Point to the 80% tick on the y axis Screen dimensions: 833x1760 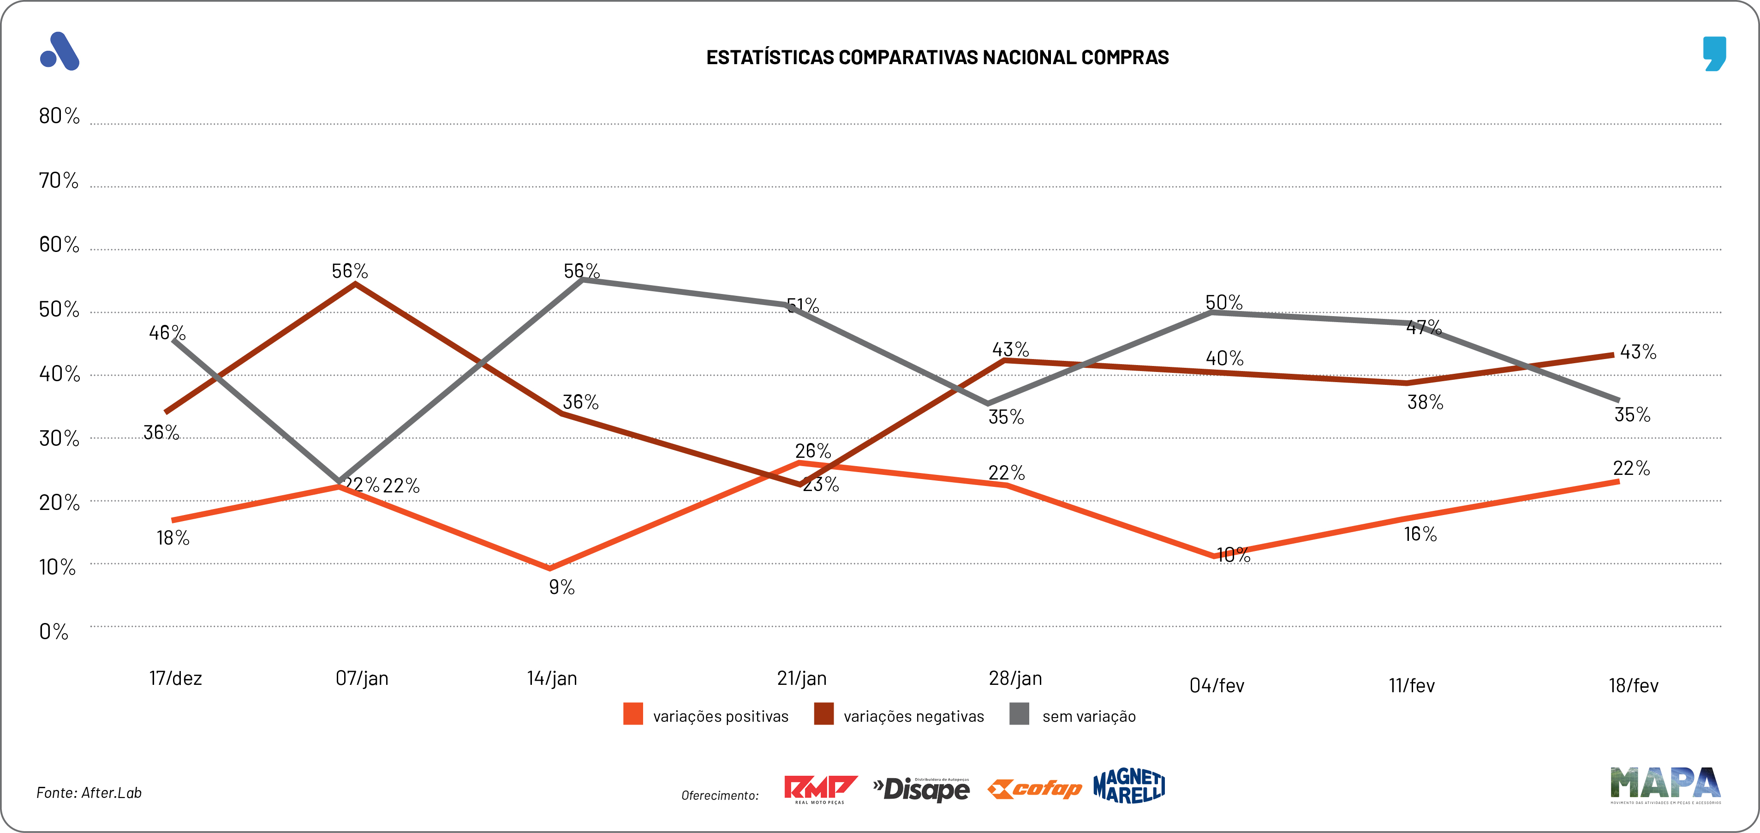coord(59,116)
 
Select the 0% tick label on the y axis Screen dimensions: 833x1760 coord(54,631)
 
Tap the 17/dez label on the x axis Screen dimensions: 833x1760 coord(176,678)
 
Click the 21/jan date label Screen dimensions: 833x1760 coord(801,678)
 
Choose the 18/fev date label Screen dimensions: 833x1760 coord(1633,685)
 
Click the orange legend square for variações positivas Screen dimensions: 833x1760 coord(632,714)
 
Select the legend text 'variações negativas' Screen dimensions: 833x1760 coord(913,716)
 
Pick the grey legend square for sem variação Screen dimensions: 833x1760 coord(1019,714)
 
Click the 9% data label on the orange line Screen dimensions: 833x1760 coord(561,587)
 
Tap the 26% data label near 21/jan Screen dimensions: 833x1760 coord(813,451)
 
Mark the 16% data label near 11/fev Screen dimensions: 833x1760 coord(1420,534)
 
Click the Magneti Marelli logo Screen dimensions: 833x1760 coord(1129,786)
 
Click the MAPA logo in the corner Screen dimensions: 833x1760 coord(1665,785)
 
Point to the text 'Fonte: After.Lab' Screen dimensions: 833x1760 coord(89,793)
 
